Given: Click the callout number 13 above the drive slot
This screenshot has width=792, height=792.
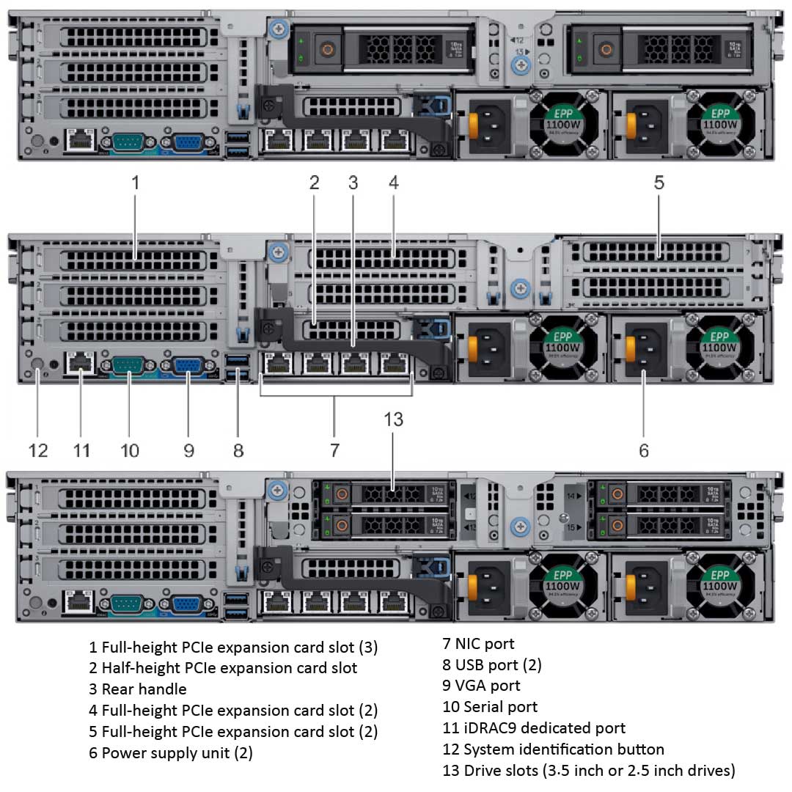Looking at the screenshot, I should pyautogui.click(x=393, y=419).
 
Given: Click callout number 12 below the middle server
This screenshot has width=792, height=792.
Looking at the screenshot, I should pyautogui.click(x=38, y=450).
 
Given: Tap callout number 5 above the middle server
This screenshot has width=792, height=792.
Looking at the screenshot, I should pyautogui.click(x=659, y=182).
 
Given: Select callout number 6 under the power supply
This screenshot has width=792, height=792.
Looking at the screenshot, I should pyautogui.click(x=643, y=450).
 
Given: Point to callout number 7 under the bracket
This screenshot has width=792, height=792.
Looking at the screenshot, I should pyautogui.click(x=334, y=450).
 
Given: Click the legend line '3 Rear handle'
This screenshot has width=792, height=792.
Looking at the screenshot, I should pyautogui.click(x=138, y=689).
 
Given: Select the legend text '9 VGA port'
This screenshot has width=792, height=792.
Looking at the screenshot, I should pyautogui.click(x=481, y=686).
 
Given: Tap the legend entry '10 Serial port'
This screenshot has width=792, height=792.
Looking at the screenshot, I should pyautogui.click(x=490, y=707).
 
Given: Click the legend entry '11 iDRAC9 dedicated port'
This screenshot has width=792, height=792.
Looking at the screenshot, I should pyautogui.click(x=534, y=728).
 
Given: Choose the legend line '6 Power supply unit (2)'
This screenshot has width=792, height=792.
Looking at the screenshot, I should pyautogui.click(x=171, y=753).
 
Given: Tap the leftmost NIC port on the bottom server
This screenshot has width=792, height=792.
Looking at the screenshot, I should pyautogui.click(x=276, y=603).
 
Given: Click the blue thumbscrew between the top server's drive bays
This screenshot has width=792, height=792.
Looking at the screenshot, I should pyautogui.click(x=520, y=65).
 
